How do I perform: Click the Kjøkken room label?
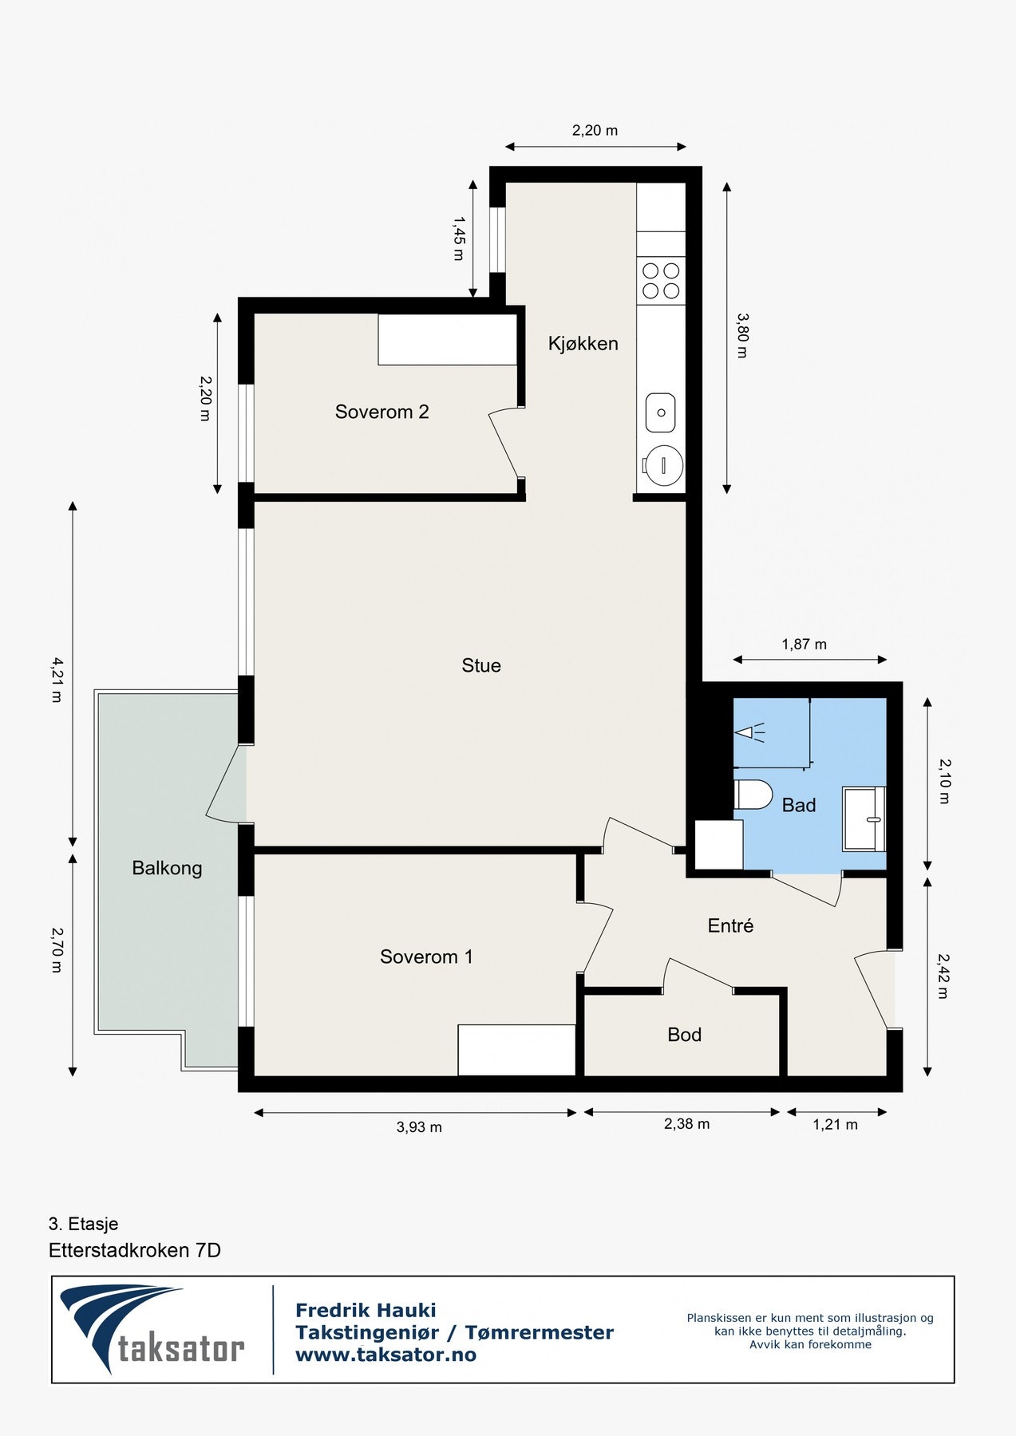pyautogui.click(x=583, y=344)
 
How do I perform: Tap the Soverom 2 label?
pyautogui.click(x=381, y=412)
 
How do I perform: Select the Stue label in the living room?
pyautogui.click(x=481, y=665)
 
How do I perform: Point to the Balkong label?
pyautogui.click(x=167, y=868)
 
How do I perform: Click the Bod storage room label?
pyautogui.click(x=684, y=1035)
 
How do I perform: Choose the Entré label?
pyautogui.click(x=730, y=925)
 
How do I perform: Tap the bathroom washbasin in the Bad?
pyautogui.click(x=864, y=819)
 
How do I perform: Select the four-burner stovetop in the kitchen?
pyautogui.click(x=661, y=280)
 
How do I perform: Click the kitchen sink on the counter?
pyautogui.click(x=661, y=413)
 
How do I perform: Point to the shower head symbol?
pyautogui.click(x=750, y=732)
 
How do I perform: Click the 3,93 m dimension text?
pyautogui.click(x=419, y=1127)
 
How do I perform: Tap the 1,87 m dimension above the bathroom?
pyautogui.click(x=804, y=644)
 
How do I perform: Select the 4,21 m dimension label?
pyautogui.click(x=56, y=679)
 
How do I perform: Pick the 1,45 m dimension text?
pyautogui.click(x=458, y=237)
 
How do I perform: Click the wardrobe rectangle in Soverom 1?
pyautogui.click(x=517, y=1050)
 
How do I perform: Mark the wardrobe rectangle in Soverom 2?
pyautogui.click(x=448, y=339)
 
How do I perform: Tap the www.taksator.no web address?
pyautogui.click(x=385, y=1355)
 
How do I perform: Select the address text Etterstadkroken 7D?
pyautogui.click(x=135, y=1250)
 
